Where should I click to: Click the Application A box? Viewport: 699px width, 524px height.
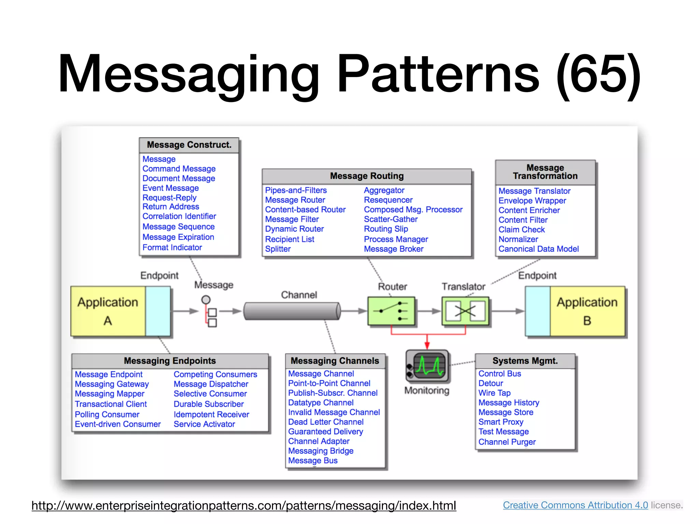(x=108, y=311)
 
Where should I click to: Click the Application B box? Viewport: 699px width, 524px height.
(x=587, y=311)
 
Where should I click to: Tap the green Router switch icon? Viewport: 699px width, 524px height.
(x=391, y=311)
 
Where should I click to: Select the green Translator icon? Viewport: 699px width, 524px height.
(x=465, y=311)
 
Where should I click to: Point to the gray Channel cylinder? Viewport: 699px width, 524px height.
(x=292, y=311)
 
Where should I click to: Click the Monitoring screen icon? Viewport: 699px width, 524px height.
(x=427, y=366)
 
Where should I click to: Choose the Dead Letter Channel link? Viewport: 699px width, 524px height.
(x=326, y=422)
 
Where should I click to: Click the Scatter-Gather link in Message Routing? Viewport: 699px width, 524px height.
(x=390, y=219)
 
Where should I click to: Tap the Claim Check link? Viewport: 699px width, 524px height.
(x=521, y=230)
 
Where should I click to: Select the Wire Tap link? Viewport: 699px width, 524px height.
(x=494, y=393)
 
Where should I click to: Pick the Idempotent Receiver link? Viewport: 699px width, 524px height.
(x=211, y=414)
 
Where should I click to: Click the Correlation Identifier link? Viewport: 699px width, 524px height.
(x=179, y=216)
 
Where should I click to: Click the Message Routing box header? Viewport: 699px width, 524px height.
(x=367, y=176)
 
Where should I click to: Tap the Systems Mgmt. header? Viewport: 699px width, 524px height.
(x=525, y=361)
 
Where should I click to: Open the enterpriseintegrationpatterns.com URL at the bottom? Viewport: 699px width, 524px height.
(x=244, y=506)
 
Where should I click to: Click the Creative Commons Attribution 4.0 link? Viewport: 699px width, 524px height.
(x=575, y=505)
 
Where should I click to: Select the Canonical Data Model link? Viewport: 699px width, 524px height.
(x=538, y=249)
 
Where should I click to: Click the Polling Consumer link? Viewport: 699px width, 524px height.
(x=107, y=414)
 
